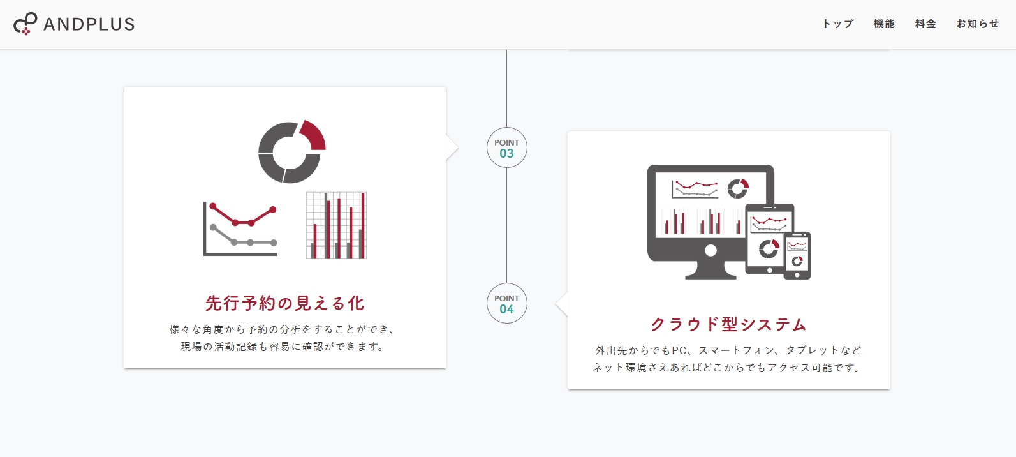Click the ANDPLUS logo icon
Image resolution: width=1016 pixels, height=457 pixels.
click(25, 24)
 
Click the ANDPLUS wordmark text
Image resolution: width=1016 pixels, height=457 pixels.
click(89, 24)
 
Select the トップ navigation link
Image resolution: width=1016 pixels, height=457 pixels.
click(838, 24)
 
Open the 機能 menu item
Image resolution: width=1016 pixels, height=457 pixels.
click(884, 24)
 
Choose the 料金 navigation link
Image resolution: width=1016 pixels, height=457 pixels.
click(925, 24)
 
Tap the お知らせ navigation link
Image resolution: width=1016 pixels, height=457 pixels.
click(978, 24)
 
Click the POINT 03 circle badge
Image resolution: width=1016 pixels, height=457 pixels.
click(506, 147)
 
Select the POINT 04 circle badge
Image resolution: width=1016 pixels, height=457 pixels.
click(506, 303)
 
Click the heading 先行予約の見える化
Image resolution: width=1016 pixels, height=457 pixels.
click(285, 303)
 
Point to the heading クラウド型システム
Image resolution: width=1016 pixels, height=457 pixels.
click(728, 324)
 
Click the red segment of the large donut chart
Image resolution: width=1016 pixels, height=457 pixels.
click(314, 135)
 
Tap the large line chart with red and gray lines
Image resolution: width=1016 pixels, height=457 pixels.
click(240, 229)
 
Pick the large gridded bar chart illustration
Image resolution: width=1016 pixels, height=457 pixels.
click(336, 225)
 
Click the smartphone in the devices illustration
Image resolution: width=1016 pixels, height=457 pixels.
click(797, 255)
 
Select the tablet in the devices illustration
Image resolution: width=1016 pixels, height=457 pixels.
click(769, 239)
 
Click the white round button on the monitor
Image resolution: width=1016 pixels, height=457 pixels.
click(710, 250)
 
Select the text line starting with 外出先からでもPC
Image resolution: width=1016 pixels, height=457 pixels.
click(728, 350)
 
